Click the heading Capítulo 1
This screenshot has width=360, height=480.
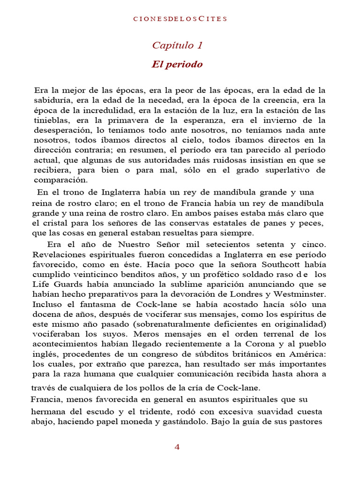[177, 45]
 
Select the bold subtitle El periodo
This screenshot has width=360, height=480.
[177, 65]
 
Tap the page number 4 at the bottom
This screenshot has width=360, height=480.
[177, 447]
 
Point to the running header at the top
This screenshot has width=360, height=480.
[180, 19]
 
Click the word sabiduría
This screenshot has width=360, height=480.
[51, 100]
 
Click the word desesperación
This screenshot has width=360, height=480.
[60, 130]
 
